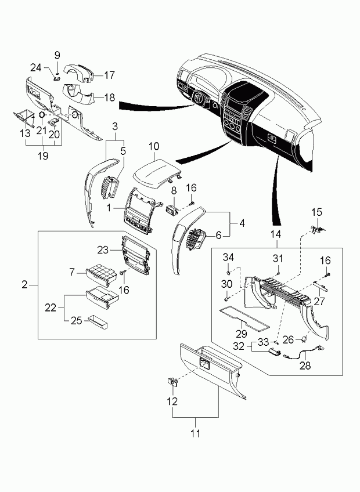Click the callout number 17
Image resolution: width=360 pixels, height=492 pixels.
click(110, 75)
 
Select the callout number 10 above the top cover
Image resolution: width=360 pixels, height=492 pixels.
click(154, 147)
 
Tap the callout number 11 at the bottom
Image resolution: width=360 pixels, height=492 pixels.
click(196, 433)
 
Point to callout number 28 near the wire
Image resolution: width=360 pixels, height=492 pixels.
click(305, 366)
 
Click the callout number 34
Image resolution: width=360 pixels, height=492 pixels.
click(228, 257)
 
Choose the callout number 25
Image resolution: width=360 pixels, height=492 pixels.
click(76, 321)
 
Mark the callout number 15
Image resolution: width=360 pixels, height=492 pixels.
click(316, 212)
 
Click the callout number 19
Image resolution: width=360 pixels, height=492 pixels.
click(44, 155)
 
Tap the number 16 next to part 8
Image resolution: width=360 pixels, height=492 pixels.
click(191, 188)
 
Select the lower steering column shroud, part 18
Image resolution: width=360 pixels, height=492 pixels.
click(78, 93)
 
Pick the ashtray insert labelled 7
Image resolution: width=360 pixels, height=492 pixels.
click(98, 274)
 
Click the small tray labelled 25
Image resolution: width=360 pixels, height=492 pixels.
click(98, 322)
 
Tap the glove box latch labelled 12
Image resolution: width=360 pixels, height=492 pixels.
click(172, 382)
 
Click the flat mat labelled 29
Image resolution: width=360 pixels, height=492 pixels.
click(244, 319)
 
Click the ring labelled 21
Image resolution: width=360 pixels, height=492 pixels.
click(41, 115)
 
